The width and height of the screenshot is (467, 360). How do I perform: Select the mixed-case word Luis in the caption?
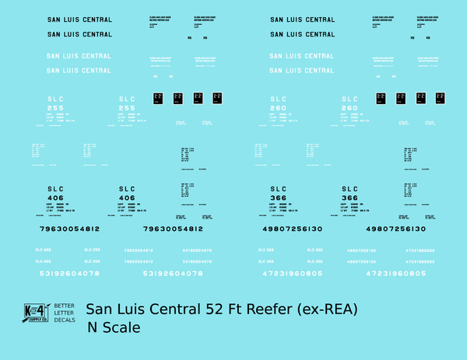(135, 309)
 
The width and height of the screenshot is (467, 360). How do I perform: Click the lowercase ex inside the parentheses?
(315, 309)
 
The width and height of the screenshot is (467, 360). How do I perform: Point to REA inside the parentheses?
(340, 309)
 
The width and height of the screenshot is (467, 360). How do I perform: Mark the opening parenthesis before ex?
(304, 309)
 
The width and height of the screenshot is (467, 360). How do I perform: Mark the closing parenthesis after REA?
(355, 309)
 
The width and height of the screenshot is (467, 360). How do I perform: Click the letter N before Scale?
(93, 327)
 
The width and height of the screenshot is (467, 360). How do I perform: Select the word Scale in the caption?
(122, 327)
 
